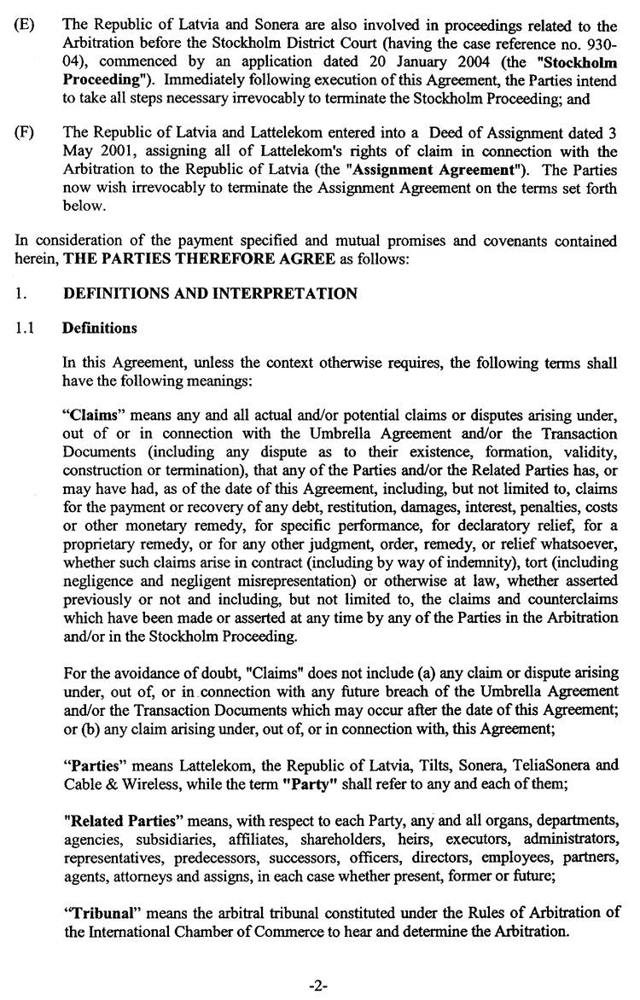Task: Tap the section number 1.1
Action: [x=25, y=328]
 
